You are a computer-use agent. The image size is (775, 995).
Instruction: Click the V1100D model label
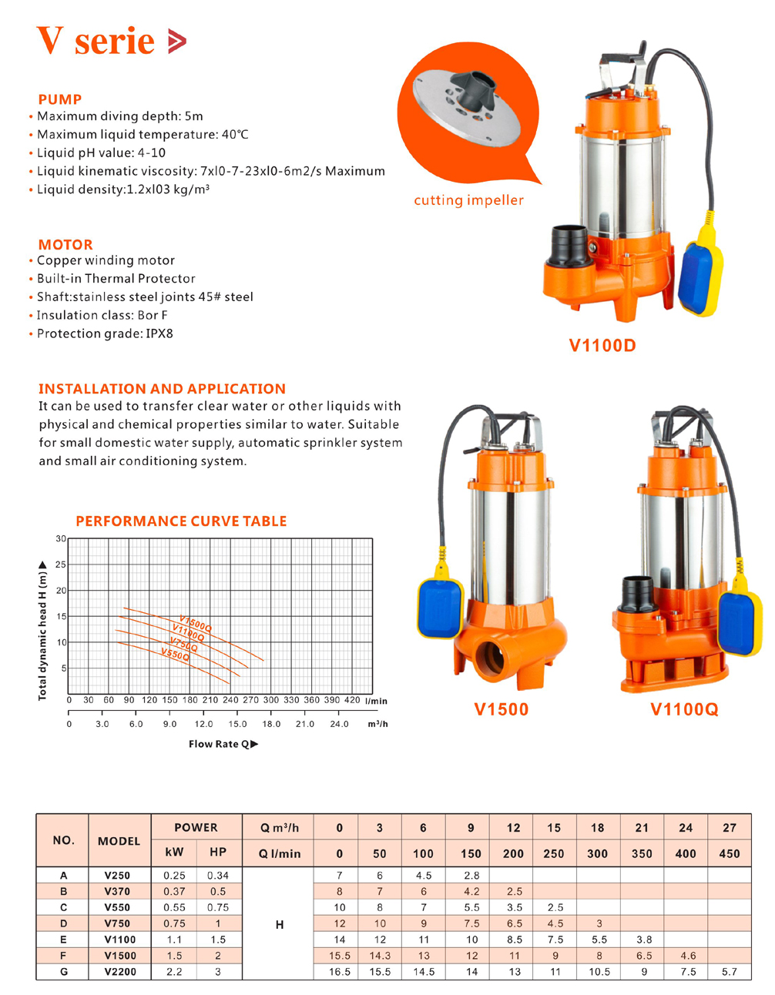click(x=602, y=346)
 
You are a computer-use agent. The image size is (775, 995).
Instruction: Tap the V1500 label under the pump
click(x=501, y=709)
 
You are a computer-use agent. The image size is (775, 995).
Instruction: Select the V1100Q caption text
click(x=684, y=709)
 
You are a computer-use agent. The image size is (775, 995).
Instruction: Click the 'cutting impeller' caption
click(x=468, y=200)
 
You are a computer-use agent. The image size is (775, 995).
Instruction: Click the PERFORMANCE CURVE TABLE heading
click(x=181, y=521)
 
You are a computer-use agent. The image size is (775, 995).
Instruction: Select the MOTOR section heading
click(x=65, y=245)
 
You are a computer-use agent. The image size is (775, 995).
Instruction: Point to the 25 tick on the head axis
click(x=61, y=565)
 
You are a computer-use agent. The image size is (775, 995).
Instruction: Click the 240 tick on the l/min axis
click(x=230, y=701)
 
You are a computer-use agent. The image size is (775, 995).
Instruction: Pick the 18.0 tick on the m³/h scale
click(x=271, y=724)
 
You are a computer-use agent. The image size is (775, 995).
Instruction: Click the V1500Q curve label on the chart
click(x=195, y=623)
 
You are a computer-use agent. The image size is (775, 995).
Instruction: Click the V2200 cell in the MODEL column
click(x=120, y=972)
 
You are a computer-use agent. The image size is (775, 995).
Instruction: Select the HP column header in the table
click(x=218, y=853)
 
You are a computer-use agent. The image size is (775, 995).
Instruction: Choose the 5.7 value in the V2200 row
click(x=729, y=972)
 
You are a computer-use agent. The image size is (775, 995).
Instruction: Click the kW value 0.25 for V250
click(x=174, y=876)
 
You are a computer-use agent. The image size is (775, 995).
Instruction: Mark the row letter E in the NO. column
click(x=63, y=940)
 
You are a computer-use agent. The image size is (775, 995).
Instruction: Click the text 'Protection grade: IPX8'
click(x=105, y=333)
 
